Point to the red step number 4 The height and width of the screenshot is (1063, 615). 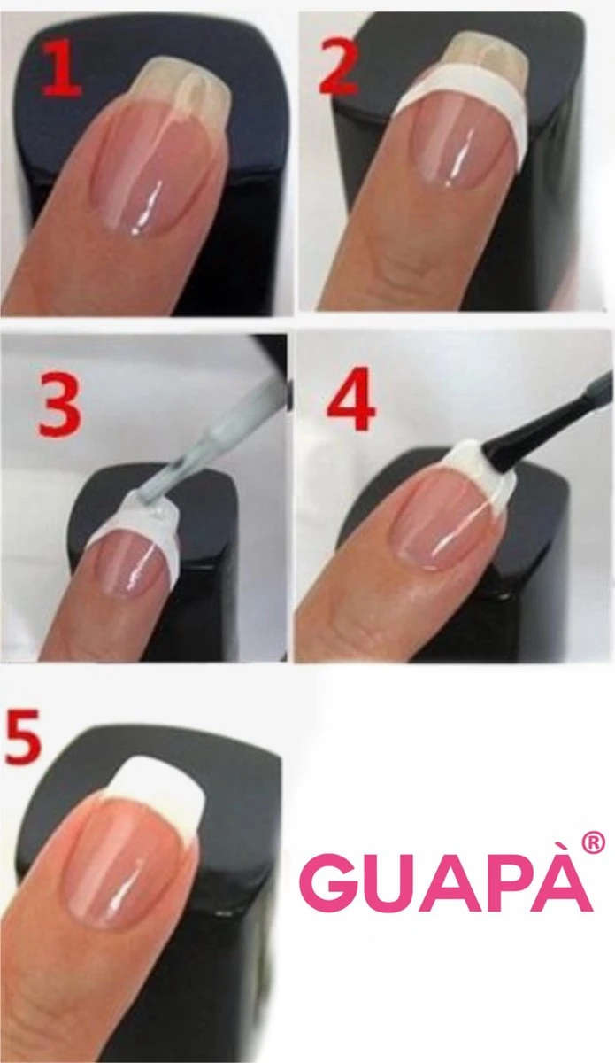pos(351,404)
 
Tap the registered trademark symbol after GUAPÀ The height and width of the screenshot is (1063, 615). pos(595,842)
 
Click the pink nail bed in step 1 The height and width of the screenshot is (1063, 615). pos(159,168)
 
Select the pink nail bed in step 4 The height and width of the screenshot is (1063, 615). pos(442,523)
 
